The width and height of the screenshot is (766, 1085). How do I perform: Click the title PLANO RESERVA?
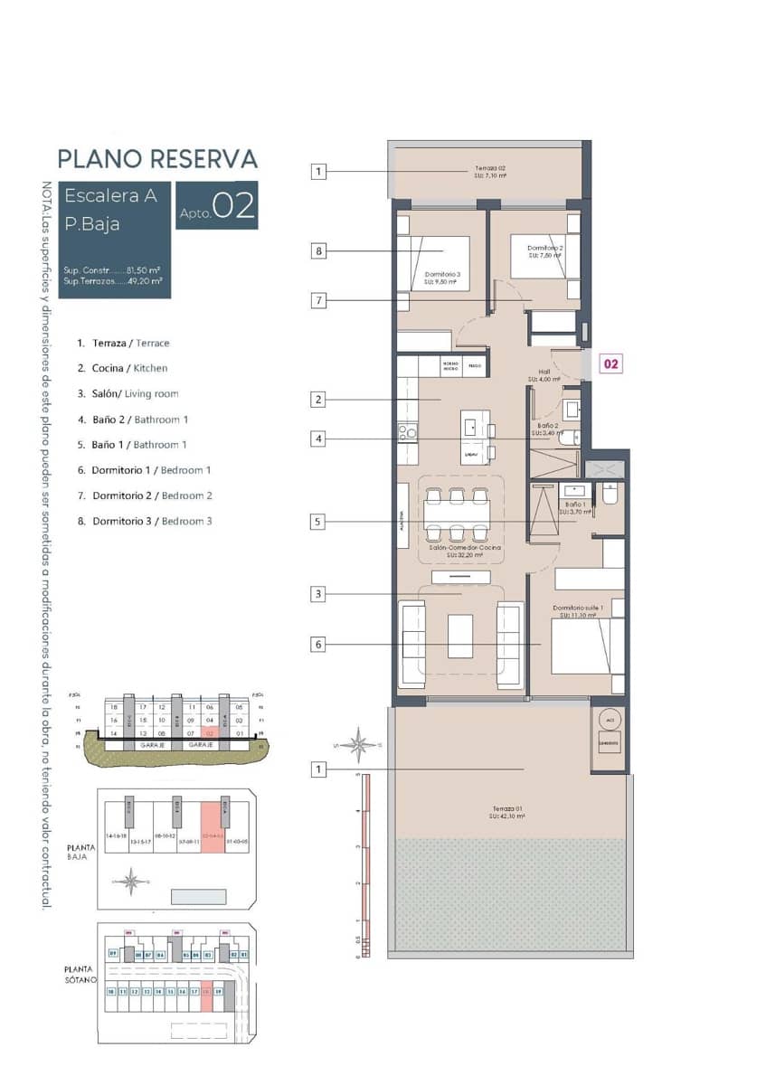coord(157,159)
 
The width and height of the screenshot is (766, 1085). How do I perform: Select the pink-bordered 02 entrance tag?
coord(611,363)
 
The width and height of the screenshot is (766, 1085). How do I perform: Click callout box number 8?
coord(318,251)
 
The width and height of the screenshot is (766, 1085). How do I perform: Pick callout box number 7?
coord(318,301)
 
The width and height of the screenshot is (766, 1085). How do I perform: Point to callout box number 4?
coord(318,439)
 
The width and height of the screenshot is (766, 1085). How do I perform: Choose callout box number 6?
coord(318,645)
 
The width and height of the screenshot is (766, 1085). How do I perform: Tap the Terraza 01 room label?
coord(509,812)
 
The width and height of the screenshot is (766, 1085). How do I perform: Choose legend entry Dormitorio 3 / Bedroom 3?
coord(151,521)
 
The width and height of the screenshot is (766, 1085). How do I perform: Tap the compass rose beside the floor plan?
coord(360,745)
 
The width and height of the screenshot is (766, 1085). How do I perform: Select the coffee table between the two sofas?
coord(460,636)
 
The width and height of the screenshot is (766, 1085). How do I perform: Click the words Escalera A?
coord(111,194)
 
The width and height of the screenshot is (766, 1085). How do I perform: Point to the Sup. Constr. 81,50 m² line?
coord(113,269)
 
